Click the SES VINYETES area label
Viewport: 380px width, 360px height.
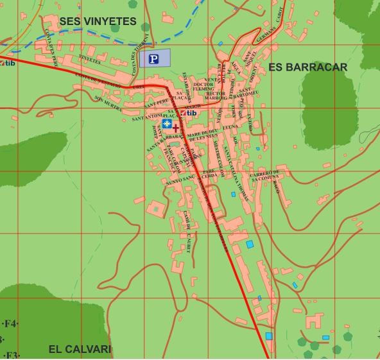coord(98,22)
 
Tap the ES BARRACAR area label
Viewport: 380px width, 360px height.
coord(307,67)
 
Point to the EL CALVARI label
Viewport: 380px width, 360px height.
coord(80,349)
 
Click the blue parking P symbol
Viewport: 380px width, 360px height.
coord(153,59)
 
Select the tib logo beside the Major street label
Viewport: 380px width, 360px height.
coord(188,113)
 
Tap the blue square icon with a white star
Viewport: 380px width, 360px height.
coord(166,123)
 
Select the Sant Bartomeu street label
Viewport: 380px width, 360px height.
coord(248,92)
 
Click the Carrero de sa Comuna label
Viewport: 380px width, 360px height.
coord(264,176)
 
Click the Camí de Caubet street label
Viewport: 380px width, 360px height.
coord(187,223)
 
